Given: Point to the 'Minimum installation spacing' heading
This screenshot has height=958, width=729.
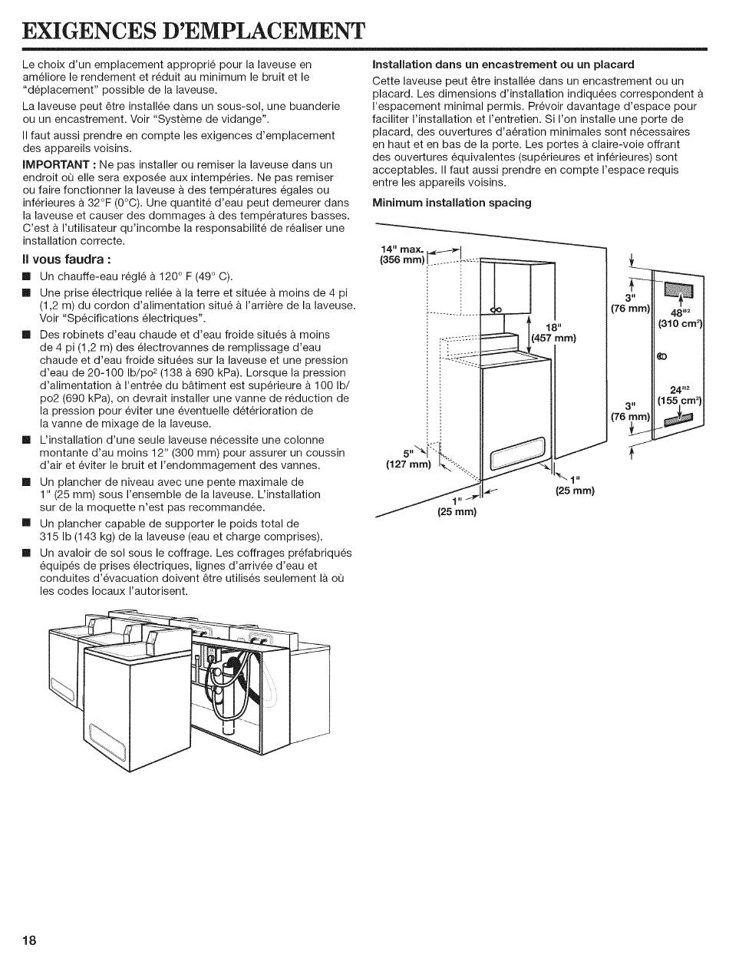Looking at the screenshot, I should pos(452,203).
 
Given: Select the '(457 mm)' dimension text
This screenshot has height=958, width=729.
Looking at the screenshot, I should pos(553,338).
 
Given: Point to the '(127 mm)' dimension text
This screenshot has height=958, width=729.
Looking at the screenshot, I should pos(408,464).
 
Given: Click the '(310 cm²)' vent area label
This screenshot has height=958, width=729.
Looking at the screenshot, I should pos(681,324).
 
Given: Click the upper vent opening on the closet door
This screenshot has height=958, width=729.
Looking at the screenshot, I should pos(678,292).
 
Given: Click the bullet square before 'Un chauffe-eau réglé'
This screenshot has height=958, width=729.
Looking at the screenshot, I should pos(27,276).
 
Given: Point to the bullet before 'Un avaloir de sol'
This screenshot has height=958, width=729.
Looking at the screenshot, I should pos(27,553).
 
